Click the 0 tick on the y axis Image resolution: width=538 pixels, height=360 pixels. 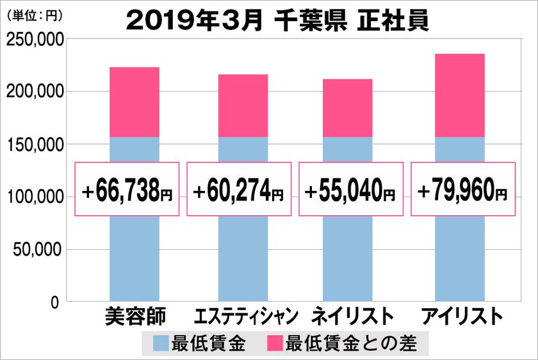pos(55,302)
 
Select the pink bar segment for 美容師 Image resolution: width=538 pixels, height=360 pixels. pos(134,102)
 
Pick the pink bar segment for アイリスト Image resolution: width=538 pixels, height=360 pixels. pos(459,95)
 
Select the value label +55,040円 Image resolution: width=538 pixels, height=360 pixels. pos(350,190)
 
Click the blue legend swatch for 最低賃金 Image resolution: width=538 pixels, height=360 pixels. pos(161,344)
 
